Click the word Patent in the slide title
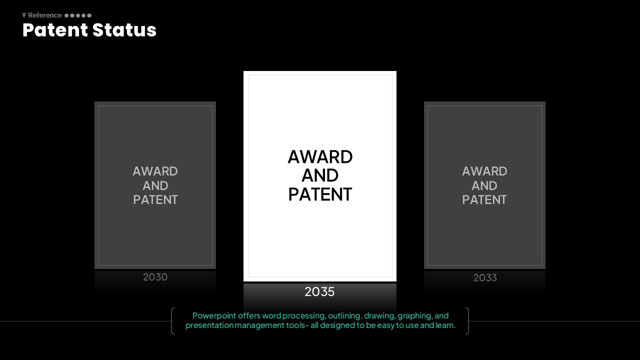click(55, 30)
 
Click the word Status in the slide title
click(124, 30)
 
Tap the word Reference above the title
click(45, 15)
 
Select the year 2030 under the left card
click(155, 277)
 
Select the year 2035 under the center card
click(319, 291)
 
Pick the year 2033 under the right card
click(485, 277)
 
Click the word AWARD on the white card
click(320, 157)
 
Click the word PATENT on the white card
click(320, 194)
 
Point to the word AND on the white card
click(320, 175)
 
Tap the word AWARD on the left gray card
click(155, 171)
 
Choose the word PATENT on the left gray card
click(155, 199)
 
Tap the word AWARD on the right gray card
click(484, 171)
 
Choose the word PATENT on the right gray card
click(484, 199)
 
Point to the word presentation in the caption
click(209, 325)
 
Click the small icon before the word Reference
click(24, 15)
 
